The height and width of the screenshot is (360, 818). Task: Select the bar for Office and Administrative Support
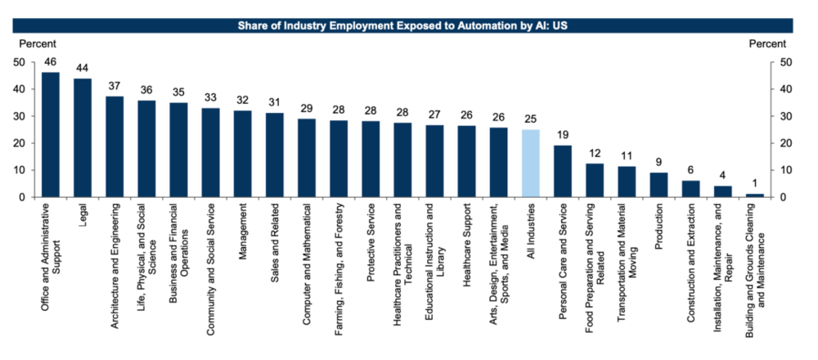click(51, 135)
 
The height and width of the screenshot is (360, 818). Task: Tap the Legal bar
click(83, 138)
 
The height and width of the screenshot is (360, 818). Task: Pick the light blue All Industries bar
click(531, 164)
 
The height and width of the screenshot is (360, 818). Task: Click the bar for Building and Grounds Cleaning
click(755, 196)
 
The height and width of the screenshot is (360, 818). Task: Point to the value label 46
click(51, 61)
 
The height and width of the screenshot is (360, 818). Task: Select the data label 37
click(115, 86)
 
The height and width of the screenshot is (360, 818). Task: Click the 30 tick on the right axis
click(786, 116)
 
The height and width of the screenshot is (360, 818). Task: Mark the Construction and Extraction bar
click(691, 189)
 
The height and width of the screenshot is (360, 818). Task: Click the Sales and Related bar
click(275, 155)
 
